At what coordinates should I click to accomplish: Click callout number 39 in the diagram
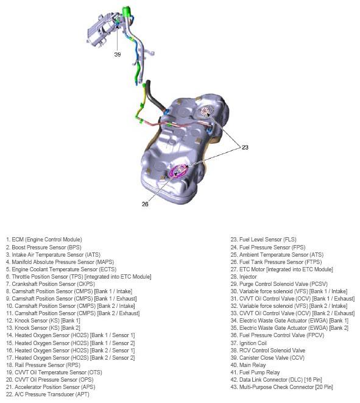(x=118, y=54)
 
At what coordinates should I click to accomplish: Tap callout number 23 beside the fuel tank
(x=245, y=148)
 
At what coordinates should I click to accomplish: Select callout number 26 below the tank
(x=145, y=204)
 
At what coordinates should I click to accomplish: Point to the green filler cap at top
(x=127, y=12)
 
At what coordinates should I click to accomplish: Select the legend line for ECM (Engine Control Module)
(x=44, y=240)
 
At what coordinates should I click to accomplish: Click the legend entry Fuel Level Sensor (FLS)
(x=263, y=240)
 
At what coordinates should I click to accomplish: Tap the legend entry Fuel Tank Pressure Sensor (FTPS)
(x=276, y=262)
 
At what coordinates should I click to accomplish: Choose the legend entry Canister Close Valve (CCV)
(x=267, y=358)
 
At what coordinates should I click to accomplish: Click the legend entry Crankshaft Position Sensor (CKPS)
(x=51, y=284)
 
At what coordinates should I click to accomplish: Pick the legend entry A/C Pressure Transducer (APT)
(x=48, y=394)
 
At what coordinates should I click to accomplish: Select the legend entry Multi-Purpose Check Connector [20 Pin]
(x=281, y=387)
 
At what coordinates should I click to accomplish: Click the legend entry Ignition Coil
(x=249, y=343)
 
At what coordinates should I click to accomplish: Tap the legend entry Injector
(x=244, y=277)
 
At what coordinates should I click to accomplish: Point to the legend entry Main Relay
(x=248, y=365)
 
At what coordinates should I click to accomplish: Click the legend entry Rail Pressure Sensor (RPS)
(x=43, y=365)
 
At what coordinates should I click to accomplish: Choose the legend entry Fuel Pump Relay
(x=255, y=373)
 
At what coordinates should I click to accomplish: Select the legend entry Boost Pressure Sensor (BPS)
(x=44, y=248)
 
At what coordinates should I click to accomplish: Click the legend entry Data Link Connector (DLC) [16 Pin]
(x=276, y=380)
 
